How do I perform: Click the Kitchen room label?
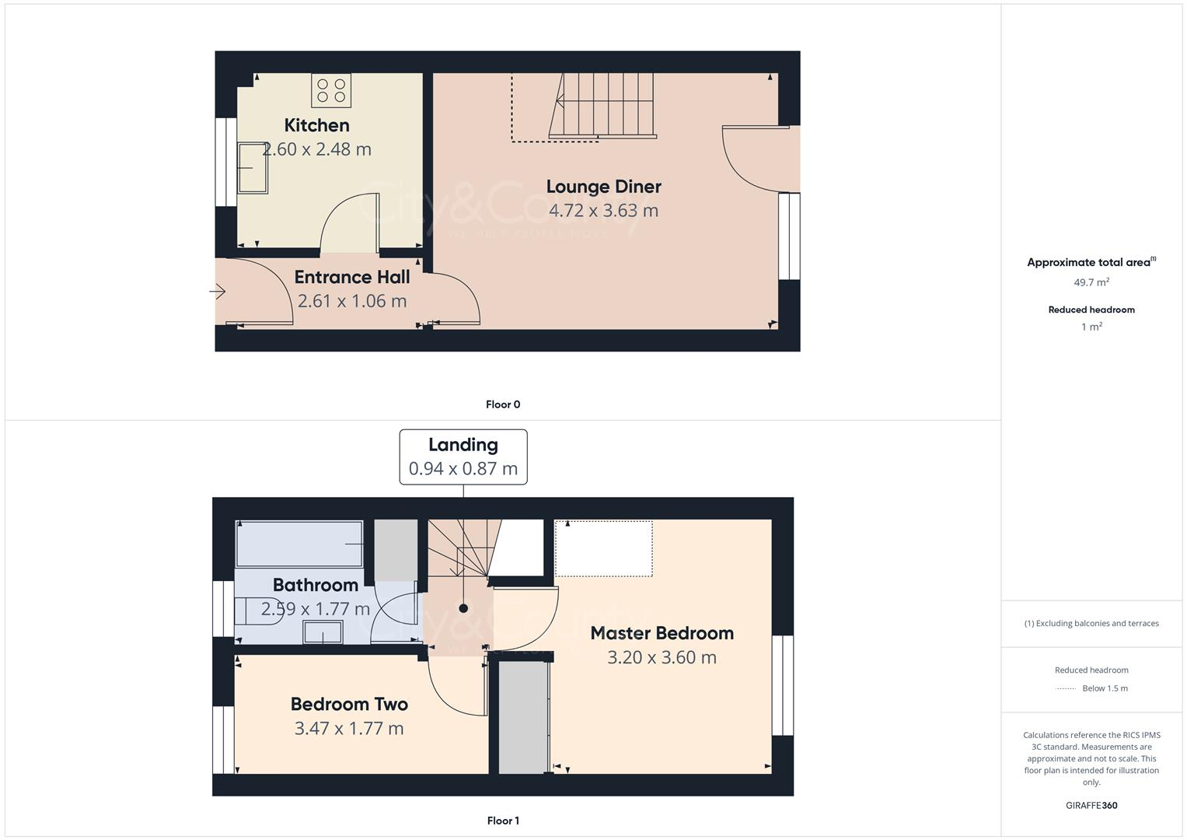tap(316, 125)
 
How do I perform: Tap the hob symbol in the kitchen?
tap(331, 90)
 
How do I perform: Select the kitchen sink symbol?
tap(253, 167)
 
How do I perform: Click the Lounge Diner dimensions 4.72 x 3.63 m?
tap(603, 211)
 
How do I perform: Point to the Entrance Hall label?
tap(351, 278)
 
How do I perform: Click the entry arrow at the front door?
tap(218, 292)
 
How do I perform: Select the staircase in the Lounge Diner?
tap(601, 106)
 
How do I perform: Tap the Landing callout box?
tap(463, 457)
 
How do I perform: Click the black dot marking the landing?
tap(463, 608)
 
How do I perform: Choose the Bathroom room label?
tap(315, 585)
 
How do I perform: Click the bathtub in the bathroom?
tap(299, 544)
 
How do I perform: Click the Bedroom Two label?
tap(349, 705)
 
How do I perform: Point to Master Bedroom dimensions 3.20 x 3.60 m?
tap(662, 658)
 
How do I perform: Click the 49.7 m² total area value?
tap(1091, 282)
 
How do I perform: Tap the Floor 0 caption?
tap(503, 404)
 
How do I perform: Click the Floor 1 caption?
tap(503, 821)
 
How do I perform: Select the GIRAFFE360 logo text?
tap(1091, 806)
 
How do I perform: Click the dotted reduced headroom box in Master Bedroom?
tap(604, 549)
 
